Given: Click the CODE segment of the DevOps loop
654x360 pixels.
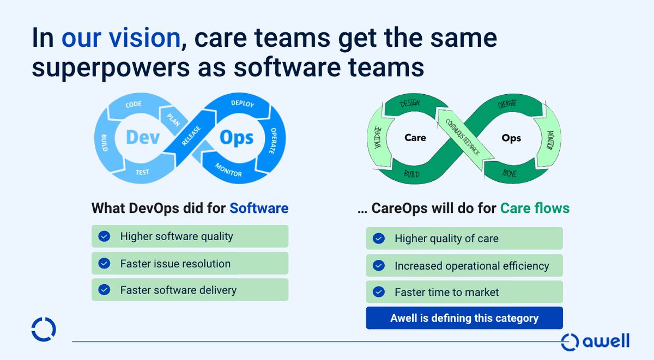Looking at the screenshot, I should [x=134, y=104].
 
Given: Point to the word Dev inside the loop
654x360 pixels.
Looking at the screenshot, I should [x=143, y=137].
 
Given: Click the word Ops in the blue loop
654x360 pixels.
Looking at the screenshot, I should [x=237, y=137].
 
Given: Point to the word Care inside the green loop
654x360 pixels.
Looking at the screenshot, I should [x=415, y=138].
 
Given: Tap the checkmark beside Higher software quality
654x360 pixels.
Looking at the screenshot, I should [x=103, y=236].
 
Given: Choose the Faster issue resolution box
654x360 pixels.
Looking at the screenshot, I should [x=190, y=264].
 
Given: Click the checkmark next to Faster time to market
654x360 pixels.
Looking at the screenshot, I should [x=378, y=292].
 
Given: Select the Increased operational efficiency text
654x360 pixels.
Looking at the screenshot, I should [x=471, y=266].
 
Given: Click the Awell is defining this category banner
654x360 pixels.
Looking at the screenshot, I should [x=464, y=318].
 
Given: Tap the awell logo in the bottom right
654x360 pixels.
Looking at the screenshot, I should [x=595, y=341].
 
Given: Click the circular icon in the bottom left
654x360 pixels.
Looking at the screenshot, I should [x=44, y=329].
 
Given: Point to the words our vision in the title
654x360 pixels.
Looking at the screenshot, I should [x=120, y=38].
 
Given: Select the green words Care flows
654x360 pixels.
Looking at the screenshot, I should [x=535, y=208].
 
